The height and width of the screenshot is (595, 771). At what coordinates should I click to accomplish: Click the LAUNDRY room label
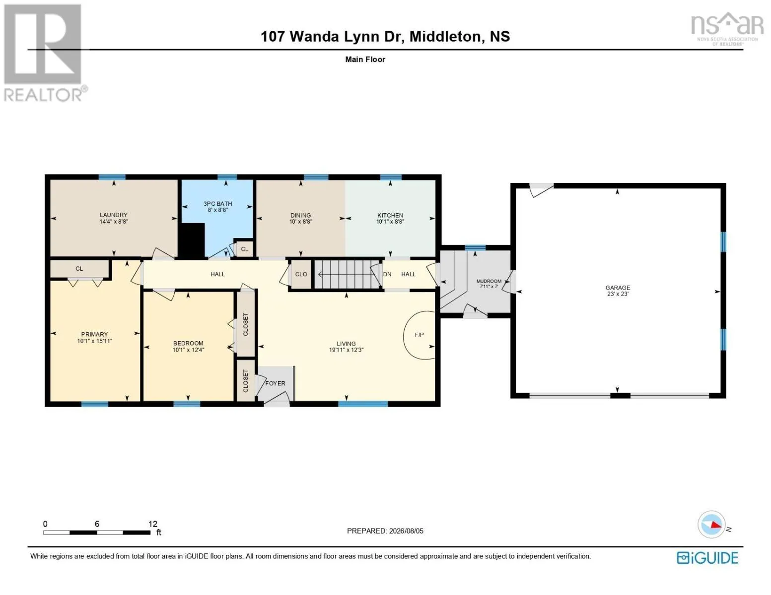tap(113, 215)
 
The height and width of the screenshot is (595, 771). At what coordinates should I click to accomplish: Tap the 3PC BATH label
tap(217, 203)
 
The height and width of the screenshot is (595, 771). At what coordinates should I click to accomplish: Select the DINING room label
tap(300, 215)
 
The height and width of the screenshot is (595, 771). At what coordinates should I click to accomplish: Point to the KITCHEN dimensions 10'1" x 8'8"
tap(390, 222)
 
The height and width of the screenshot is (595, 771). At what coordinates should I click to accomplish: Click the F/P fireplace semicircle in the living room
tap(405, 335)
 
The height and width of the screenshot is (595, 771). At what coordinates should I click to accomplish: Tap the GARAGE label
tap(618, 288)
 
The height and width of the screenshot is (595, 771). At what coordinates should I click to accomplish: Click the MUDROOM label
tap(489, 281)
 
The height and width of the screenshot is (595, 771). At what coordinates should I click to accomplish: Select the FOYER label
tap(275, 383)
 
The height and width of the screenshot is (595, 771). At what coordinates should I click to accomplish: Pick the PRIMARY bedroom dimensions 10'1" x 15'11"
tap(94, 341)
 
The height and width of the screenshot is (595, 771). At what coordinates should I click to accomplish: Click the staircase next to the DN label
tap(348, 274)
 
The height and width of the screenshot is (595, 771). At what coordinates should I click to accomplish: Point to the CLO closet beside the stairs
tap(301, 274)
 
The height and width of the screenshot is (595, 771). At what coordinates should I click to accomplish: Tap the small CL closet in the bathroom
tap(244, 249)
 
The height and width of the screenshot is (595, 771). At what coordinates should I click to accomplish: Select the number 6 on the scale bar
tap(97, 524)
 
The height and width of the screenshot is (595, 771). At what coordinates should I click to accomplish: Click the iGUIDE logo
tap(707, 558)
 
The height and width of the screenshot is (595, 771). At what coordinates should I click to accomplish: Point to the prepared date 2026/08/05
tap(406, 531)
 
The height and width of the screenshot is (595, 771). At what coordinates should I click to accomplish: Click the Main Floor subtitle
tap(365, 59)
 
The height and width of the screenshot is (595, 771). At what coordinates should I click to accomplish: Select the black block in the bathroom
tap(192, 240)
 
